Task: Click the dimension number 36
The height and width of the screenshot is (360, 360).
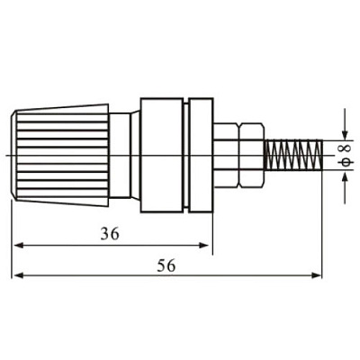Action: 110,234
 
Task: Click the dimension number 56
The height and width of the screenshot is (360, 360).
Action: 166,265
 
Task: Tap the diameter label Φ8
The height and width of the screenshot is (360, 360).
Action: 346,155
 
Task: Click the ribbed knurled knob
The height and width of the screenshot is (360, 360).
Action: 62,155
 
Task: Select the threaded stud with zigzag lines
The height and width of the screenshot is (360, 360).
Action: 293,155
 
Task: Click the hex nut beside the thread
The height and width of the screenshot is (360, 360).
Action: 252,155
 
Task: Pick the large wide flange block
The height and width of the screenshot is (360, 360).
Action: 161,155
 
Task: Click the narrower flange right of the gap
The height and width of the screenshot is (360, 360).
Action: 202,155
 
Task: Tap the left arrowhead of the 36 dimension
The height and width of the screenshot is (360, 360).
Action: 19,246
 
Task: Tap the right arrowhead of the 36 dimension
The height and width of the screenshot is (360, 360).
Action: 204,246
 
